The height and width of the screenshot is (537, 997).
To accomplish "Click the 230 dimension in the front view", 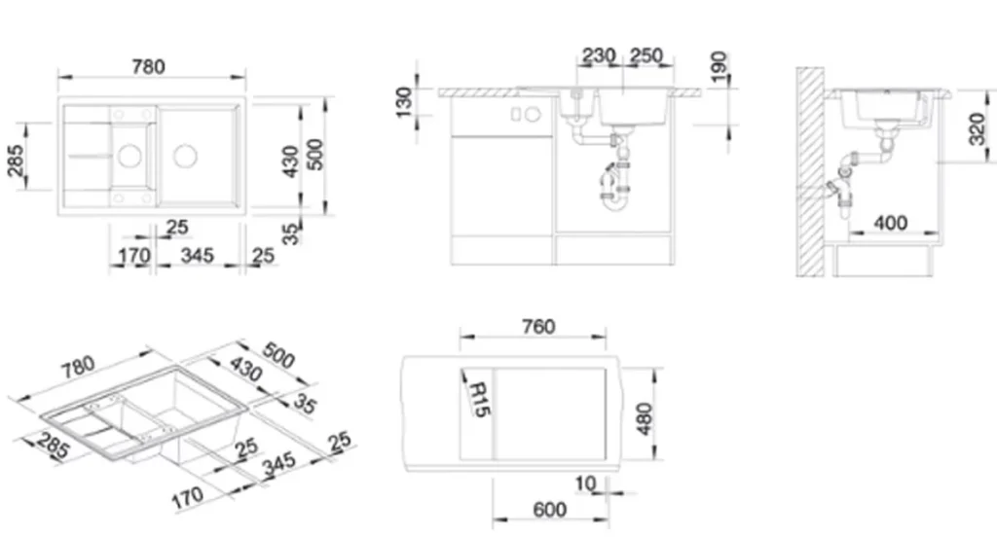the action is pyautogui.click(x=599, y=55).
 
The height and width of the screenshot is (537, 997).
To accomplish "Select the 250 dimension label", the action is pyautogui.click(x=646, y=55).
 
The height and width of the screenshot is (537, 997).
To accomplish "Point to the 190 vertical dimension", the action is pyautogui.click(x=719, y=67).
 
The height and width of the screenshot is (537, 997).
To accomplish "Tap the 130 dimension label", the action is pyautogui.click(x=404, y=102).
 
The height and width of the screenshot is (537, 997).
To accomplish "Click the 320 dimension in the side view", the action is pyautogui.click(x=978, y=129).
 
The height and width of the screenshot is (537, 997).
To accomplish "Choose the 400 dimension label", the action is pyautogui.click(x=891, y=223).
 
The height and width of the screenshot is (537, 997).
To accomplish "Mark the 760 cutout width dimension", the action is pyautogui.click(x=538, y=326).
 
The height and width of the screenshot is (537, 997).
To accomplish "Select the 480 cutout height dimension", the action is pyautogui.click(x=645, y=418).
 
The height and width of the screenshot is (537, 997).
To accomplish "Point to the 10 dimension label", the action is pyautogui.click(x=585, y=483).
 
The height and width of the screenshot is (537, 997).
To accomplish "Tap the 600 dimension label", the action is pyautogui.click(x=550, y=509).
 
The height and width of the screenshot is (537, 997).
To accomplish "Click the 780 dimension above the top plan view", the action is pyautogui.click(x=148, y=66).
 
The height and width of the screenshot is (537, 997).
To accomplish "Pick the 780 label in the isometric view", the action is pyautogui.click(x=79, y=367).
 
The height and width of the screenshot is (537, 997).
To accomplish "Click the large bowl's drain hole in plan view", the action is pyautogui.click(x=185, y=155).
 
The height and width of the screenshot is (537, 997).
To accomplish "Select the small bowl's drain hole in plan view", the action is pyautogui.click(x=129, y=156).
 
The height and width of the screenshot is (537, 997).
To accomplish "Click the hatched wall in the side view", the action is pyautogui.click(x=811, y=171).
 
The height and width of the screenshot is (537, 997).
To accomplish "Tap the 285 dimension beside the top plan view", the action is pyautogui.click(x=17, y=161).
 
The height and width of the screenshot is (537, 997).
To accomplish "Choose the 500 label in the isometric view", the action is pyautogui.click(x=278, y=356).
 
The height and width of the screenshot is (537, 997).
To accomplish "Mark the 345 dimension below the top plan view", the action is pyautogui.click(x=197, y=256).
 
